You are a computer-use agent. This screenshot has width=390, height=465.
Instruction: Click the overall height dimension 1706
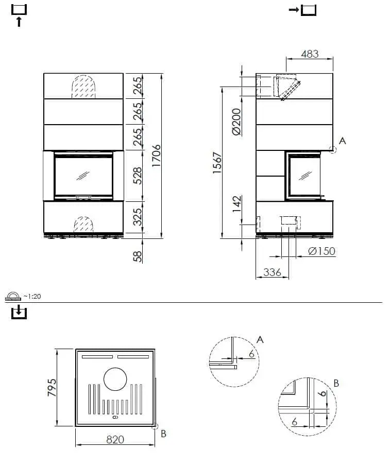(x=157, y=154)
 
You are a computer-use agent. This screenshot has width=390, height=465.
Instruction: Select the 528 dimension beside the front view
(x=138, y=175)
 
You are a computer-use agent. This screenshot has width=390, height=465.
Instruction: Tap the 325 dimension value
(x=138, y=216)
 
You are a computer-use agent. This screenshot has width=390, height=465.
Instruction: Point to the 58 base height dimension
(x=138, y=256)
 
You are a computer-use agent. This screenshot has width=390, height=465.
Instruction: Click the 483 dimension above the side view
(x=309, y=54)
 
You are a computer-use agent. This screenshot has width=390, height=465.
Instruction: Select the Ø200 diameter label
(x=236, y=122)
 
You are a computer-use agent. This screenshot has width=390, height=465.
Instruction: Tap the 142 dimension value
(x=236, y=204)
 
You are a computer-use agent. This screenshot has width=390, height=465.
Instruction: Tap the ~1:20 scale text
(x=32, y=297)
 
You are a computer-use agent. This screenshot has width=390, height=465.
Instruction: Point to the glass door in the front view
(x=83, y=176)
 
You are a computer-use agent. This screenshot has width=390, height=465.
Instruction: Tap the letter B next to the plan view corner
(x=163, y=434)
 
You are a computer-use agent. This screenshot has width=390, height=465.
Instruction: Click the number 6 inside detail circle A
(x=250, y=354)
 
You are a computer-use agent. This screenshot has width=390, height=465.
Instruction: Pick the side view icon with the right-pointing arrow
(x=302, y=9)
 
